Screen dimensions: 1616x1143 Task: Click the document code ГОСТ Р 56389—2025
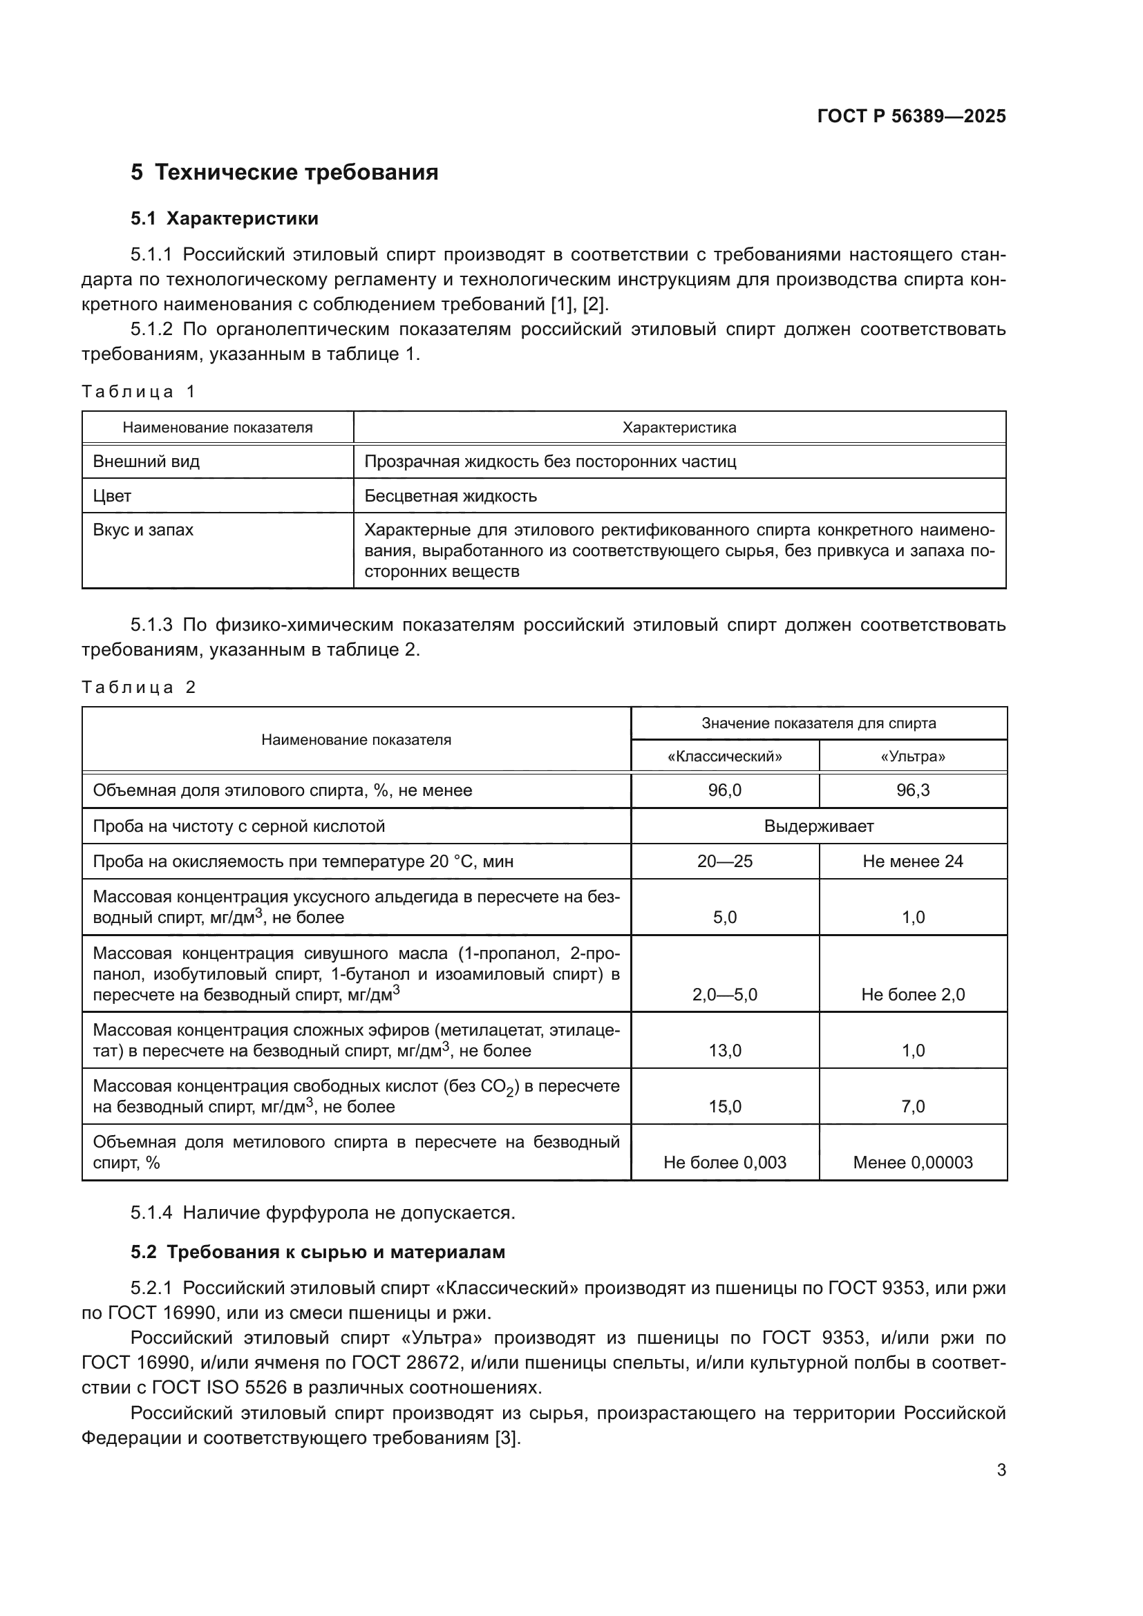[x=911, y=116]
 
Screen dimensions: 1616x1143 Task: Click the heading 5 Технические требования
[x=284, y=173]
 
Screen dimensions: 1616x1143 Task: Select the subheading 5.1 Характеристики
[x=224, y=218]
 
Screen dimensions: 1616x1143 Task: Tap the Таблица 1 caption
[x=138, y=391]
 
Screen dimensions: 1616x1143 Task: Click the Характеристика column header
[x=679, y=427]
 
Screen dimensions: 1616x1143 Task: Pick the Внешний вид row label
[x=147, y=462]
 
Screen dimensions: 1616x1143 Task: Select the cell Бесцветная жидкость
[x=451, y=496]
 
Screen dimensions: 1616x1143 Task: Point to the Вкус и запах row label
[x=143, y=530]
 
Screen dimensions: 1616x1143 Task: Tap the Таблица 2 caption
[x=138, y=687]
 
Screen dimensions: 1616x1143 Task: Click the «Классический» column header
[x=724, y=757]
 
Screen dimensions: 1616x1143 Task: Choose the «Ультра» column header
[x=912, y=757]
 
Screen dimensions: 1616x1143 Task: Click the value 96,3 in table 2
[x=912, y=790]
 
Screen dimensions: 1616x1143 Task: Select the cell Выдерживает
[x=818, y=826]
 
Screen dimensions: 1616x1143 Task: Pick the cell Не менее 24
[x=912, y=862]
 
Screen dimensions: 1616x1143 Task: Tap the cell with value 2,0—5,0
[x=724, y=994]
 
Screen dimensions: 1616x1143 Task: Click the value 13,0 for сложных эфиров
[x=724, y=1051]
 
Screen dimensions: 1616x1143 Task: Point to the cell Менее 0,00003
[x=912, y=1163]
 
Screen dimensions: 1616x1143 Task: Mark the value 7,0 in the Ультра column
[x=912, y=1106]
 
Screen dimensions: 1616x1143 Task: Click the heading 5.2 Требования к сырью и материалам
[x=317, y=1252]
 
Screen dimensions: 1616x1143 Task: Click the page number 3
[x=1001, y=1470]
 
